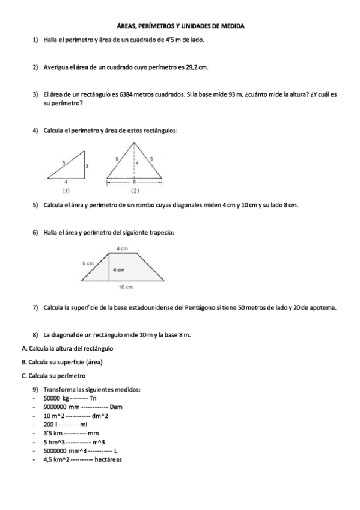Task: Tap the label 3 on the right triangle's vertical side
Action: [87, 165]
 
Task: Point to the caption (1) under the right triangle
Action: [67, 190]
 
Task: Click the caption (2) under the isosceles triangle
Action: [136, 191]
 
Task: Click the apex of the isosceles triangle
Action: [135, 141]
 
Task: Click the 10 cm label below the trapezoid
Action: [125, 287]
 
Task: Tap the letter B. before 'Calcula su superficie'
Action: [23, 362]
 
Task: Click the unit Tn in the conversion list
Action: [93, 398]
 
